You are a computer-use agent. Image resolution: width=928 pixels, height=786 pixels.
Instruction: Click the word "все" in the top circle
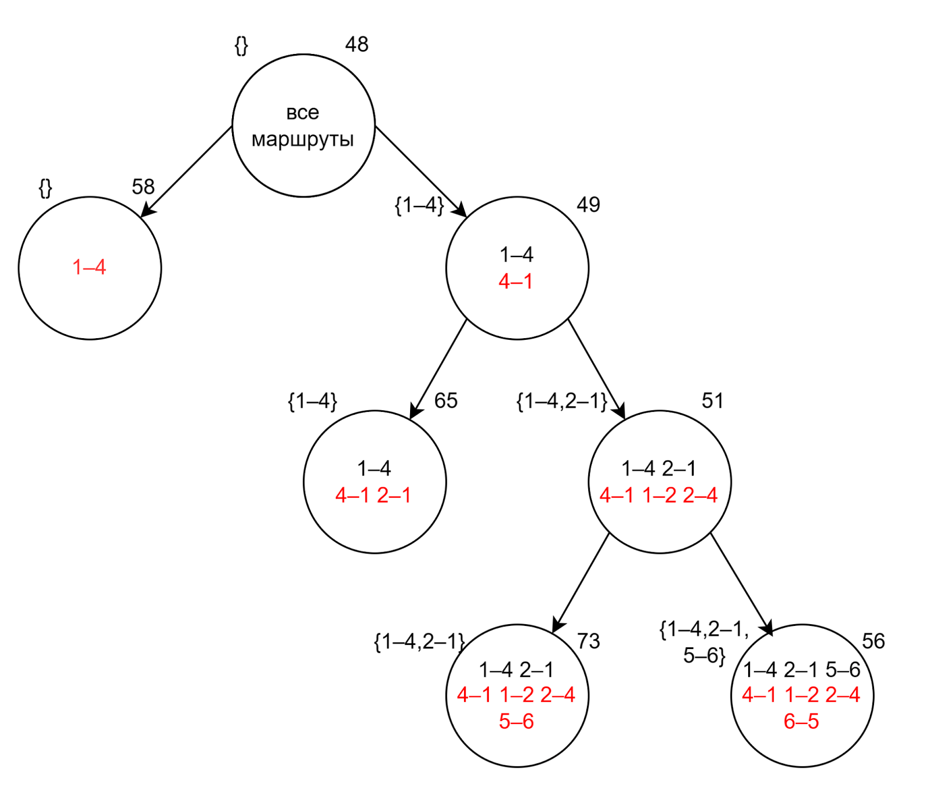click(x=303, y=113)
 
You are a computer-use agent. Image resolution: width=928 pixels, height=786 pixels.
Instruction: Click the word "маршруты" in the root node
click(x=303, y=140)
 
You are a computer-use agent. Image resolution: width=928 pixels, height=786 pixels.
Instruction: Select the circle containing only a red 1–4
click(x=90, y=267)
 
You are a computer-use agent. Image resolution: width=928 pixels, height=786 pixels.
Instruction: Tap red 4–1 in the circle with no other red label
click(x=516, y=281)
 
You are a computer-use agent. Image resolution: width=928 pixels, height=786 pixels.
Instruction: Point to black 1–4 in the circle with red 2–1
click(x=374, y=468)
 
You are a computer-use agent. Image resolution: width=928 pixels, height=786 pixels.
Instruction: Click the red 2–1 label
click(x=394, y=495)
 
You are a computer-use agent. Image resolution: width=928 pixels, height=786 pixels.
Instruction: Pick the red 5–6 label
click(x=516, y=721)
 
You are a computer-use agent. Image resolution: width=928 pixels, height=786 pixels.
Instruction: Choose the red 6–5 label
click(x=801, y=721)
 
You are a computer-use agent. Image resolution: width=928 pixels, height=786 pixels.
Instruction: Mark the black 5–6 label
click(x=843, y=670)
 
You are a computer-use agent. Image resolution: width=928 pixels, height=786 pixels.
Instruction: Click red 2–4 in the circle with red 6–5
click(x=843, y=695)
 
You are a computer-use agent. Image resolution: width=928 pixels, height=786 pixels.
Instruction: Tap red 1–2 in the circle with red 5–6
click(x=516, y=695)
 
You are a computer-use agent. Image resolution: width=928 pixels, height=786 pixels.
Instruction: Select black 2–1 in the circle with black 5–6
click(x=801, y=670)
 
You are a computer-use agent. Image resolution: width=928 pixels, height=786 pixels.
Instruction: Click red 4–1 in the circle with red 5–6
click(x=474, y=695)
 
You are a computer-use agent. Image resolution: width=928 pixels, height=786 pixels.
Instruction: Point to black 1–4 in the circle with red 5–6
click(x=496, y=670)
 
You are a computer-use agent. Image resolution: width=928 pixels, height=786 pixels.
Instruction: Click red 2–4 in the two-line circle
click(x=700, y=495)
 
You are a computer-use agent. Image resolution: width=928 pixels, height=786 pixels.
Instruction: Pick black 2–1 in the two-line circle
click(x=679, y=468)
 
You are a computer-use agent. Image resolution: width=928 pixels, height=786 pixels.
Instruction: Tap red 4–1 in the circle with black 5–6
click(x=759, y=695)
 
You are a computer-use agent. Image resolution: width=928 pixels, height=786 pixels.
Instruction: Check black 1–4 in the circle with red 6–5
click(x=760, y=670)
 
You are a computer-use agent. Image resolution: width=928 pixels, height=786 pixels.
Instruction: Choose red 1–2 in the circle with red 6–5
click(x=801, y=695)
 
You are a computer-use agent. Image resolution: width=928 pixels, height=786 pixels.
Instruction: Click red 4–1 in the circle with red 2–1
click(x=353, y=495)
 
